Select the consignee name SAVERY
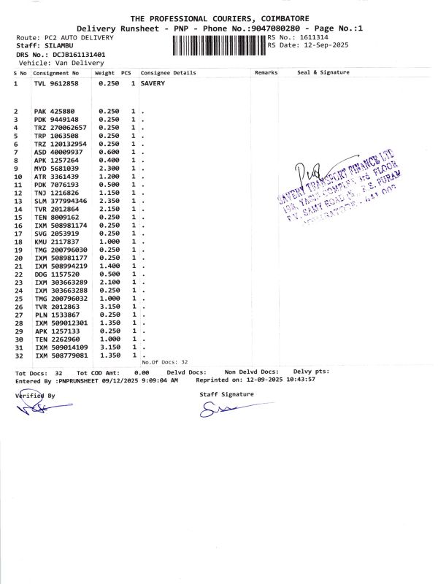153,84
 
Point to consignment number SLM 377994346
61,201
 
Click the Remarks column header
266,73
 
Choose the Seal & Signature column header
323,73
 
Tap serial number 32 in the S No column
20,356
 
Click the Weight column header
104,73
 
